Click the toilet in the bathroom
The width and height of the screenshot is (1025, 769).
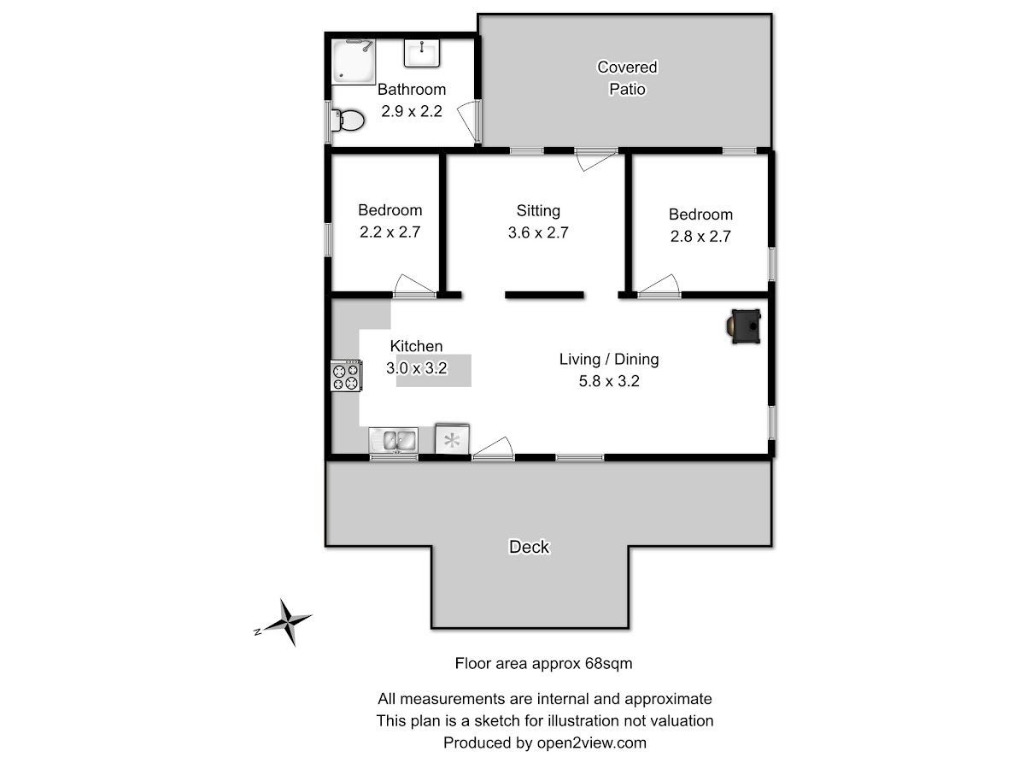(348, 120)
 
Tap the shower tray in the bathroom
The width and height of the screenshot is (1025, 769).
(354, 62)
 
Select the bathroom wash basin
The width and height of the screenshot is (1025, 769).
(422, 53)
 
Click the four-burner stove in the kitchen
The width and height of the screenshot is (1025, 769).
(346, 375)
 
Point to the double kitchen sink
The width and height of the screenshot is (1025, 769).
(394, 440)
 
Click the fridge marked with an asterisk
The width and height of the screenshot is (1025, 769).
(452, 438)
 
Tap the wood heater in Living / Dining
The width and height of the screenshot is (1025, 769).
(744, 326)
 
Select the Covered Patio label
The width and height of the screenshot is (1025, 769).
(627, 78)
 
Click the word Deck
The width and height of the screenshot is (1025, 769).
(529, 547)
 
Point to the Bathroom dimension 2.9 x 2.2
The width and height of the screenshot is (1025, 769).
(412, 111)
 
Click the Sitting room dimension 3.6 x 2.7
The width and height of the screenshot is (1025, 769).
(538, 232)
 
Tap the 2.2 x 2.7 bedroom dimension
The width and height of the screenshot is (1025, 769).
(389, 232)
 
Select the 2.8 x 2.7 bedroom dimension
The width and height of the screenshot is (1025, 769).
(700, 237)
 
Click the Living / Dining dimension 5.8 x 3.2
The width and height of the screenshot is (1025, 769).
(609, 381)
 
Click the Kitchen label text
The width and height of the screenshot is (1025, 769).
(416, 346)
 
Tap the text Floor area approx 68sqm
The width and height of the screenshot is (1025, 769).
(543, 664)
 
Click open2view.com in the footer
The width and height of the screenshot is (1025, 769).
(592, 743)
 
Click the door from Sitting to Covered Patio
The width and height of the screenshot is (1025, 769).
(596, 160)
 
